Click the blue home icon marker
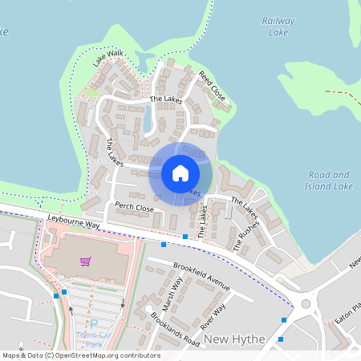[x=180, y=173]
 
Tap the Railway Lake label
[x=278, y=26]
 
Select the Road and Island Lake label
[x=329, y=180]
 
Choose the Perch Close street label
[x=133, y=208]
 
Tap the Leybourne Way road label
[x=73, y=221]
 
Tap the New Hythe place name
[x=234, y=339]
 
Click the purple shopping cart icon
[x=86, y=261]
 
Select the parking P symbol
[x=93, y=322]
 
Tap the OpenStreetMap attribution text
[x=81, y=355]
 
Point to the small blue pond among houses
[x=147, y=120]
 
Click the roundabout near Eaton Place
[x=305, y=303]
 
